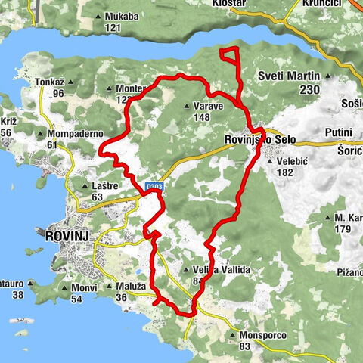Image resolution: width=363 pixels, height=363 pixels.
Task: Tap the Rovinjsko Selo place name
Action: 259,140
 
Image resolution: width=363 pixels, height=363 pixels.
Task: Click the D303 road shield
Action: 154,185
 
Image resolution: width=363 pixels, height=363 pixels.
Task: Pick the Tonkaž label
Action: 51,82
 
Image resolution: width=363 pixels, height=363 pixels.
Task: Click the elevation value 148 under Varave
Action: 201,117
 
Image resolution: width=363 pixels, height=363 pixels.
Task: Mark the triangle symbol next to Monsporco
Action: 231,335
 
